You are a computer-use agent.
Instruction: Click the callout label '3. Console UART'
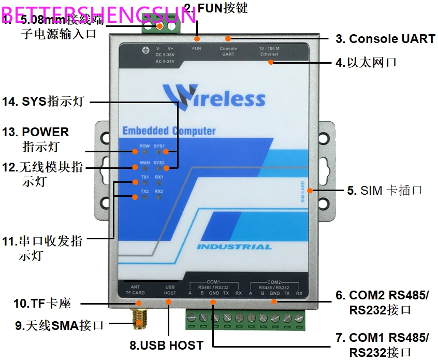point(385,38)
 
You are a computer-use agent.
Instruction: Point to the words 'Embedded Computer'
point(169,131)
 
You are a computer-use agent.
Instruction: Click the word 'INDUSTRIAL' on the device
point(234,247)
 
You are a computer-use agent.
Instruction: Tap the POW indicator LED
point(144,152)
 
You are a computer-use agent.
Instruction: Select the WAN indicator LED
point(144,168)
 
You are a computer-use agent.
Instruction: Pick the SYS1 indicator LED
point(159,152)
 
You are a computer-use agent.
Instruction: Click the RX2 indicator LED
point(159,197)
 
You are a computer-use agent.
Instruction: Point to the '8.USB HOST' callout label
point(166,345)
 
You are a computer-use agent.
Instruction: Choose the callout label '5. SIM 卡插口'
point(385,190)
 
